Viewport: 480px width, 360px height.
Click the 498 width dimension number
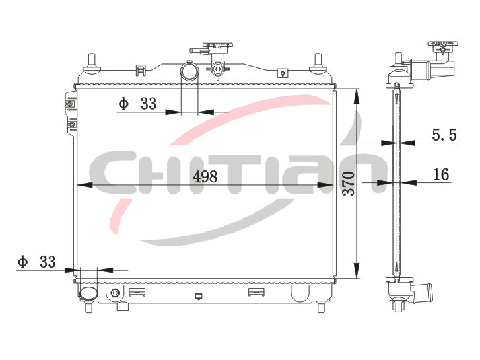pos(205,176)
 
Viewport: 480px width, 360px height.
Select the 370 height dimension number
pos(349,184)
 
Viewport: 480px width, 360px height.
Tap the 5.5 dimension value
pos(444,135)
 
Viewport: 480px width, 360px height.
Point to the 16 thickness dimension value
pos(441,174)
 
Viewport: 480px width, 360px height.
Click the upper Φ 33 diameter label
pos(137,104)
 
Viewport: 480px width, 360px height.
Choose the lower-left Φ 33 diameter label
pos(37,262)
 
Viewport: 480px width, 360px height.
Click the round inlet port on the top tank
pos(189,71)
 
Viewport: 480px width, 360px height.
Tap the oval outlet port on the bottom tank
pos(88,293)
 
